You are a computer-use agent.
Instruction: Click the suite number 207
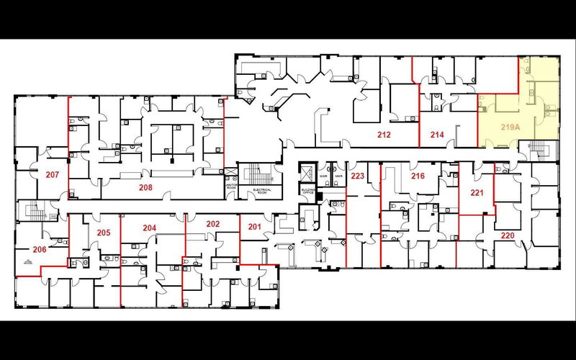click(x=52, y=175)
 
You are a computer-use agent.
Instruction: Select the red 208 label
click(x=146, y=186)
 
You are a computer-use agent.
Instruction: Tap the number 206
click(x=40, y=249)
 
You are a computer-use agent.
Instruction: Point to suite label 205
click(x=103, y=233)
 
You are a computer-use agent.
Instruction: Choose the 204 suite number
click(x=149, y=228)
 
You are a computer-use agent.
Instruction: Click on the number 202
click(x=212, y=224)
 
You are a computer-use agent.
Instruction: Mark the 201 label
click(x=254, y=228)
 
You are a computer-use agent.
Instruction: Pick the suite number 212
click(x=384, y=135)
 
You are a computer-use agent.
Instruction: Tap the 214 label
click(x=437, y=135)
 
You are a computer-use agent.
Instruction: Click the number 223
click(x=357, y=176)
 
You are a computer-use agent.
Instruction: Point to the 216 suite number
click(x=418, y=176)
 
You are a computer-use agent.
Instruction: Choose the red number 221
click(x=477, y=192)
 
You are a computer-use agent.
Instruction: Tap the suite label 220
click(x=508, y=235)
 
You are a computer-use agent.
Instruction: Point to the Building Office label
click(x=308, y=191)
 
